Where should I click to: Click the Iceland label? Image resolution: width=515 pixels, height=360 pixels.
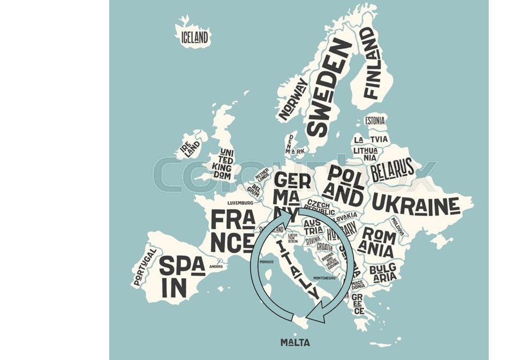(194, 37)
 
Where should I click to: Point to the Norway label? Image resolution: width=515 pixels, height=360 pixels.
(293, 99)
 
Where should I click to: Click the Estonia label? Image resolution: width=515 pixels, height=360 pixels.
(375, 121)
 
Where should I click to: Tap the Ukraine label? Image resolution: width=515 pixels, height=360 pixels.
(415, 204)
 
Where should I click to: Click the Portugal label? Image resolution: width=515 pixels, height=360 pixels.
(145, 266)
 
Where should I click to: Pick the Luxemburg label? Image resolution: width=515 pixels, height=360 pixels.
(240, 203)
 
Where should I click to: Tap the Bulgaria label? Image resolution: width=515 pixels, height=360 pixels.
(383, 272)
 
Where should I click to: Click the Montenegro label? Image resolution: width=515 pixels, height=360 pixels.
(324, 278)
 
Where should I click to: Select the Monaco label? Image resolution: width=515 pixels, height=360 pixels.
(266, 262)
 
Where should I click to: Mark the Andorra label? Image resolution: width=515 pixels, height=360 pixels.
(216, 266)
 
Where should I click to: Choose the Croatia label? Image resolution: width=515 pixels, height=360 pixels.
(324, 247)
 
